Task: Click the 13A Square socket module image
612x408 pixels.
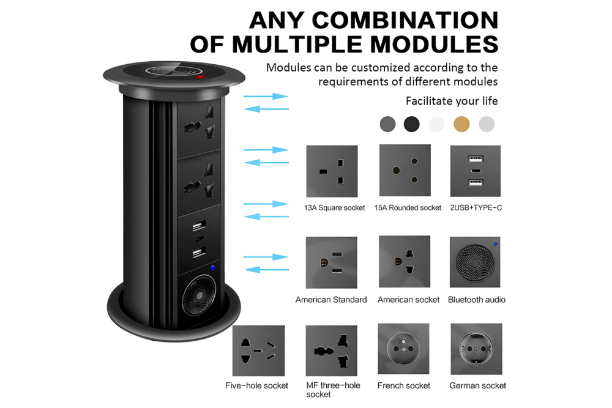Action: [332, 171]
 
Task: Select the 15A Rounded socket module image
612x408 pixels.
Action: [405, 171]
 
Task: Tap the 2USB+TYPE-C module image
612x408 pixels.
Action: [475, 171]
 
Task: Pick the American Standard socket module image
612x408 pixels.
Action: [332, 262]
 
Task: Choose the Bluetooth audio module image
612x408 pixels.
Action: [475, 262]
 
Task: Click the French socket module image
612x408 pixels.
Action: [405, 349]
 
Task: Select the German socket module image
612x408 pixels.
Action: [476, 349]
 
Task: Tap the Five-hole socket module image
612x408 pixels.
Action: [259, 351]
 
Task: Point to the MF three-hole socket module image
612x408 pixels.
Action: [332, 351]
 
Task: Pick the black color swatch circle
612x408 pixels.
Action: [412, 124]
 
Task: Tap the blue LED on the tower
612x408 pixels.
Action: [213, 268]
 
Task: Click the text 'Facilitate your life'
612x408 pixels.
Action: [452, 101]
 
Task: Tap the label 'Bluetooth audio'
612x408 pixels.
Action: [476, 300]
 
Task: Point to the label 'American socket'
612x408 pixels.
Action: [408, 300]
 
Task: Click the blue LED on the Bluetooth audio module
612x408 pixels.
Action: [495, 243]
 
